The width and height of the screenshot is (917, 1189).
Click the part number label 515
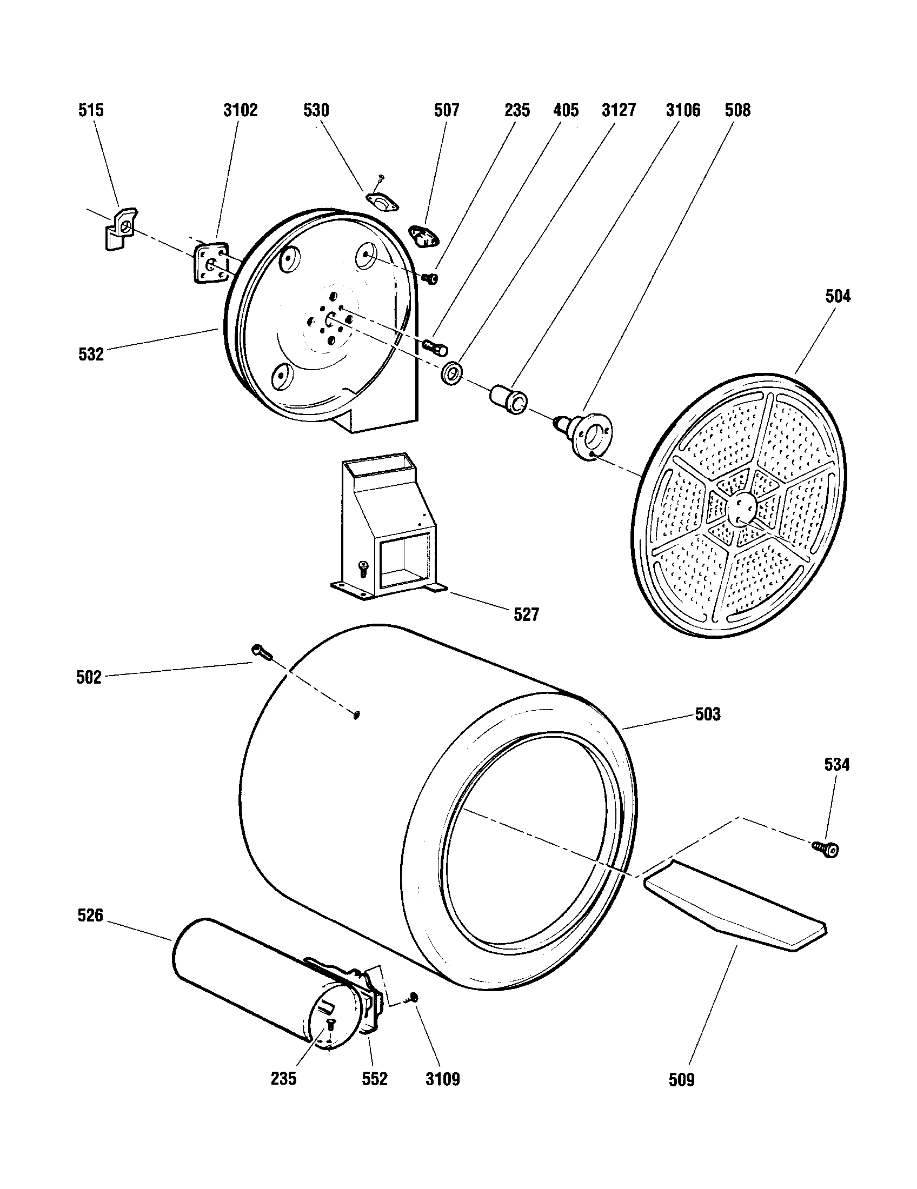pos(91,110)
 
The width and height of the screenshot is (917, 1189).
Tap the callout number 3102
pos(240,110)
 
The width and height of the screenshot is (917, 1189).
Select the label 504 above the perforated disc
pos(838,297)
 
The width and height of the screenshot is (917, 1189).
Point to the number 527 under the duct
pos(526,614)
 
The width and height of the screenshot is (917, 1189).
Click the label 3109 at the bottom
pos(442,1079)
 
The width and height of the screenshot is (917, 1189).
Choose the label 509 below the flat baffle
pos(681,1080)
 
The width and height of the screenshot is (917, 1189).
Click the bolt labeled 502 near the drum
pos(261,651)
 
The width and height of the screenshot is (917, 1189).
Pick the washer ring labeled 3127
pos(452,372)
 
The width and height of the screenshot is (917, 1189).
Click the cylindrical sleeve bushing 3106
pos(509,399)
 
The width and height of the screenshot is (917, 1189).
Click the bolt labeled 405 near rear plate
pos(435,346)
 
